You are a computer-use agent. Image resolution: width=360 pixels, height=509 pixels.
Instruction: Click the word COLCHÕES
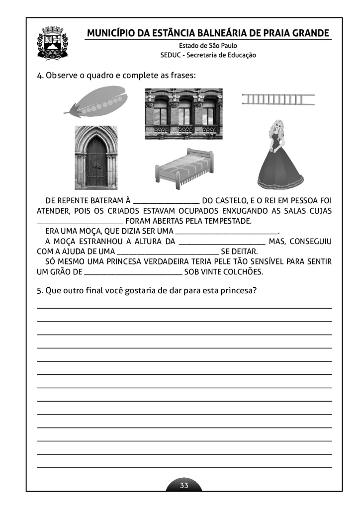[x=244, y=272]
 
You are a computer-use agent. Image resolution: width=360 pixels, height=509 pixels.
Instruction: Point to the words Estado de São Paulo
[x=208, y=46]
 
